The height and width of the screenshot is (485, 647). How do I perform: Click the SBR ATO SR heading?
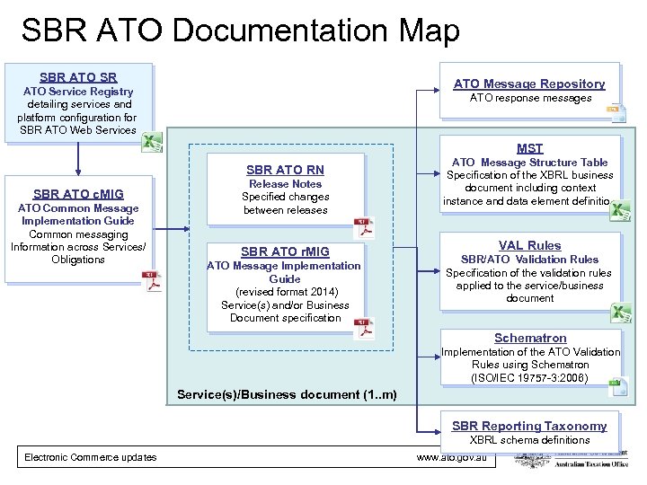[77, 77]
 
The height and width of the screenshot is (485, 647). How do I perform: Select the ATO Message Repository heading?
[529, 84]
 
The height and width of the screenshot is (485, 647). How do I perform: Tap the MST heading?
[529, 148]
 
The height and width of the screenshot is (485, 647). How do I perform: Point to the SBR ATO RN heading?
[285, 170]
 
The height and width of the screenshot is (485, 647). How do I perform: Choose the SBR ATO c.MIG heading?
[78, 194]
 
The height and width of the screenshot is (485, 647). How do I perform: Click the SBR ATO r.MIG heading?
[285, 251]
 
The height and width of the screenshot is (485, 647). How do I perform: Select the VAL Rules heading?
[529, 245]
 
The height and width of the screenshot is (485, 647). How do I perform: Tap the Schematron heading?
[530, 339]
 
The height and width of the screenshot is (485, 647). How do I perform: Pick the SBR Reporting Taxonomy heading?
[529, 426]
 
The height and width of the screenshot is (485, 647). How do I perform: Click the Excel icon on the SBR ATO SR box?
[154, 141]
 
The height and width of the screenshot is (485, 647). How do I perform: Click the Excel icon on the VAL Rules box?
[620, 313]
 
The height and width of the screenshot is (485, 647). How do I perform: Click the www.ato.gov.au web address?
[452, 457]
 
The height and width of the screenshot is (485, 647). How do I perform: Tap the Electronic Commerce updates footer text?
[90, 457]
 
